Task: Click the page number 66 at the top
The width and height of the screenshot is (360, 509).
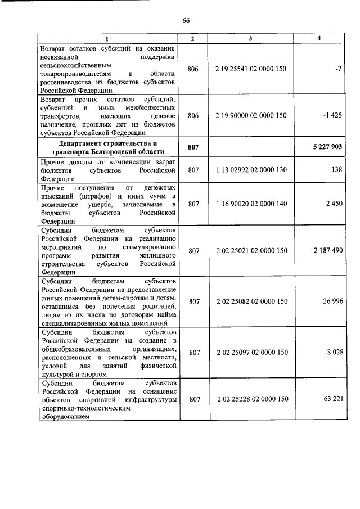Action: click(186, 21)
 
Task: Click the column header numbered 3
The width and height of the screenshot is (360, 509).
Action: click(251, 38)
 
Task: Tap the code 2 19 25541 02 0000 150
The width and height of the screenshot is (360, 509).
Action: click(251, 69)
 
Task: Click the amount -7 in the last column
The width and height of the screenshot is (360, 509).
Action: click(339, 69)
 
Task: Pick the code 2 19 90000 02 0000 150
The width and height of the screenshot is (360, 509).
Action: click(251, 115)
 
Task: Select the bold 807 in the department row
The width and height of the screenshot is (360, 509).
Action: click(194, 147)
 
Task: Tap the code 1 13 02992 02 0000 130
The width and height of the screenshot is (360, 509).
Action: click(251, 169)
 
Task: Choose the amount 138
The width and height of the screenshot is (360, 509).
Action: click(336, 169)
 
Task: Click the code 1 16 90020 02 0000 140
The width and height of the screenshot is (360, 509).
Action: click(251, 204)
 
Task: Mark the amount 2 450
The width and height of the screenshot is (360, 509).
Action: click(334, 204)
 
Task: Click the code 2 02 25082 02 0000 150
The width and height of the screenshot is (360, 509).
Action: click(251, 301)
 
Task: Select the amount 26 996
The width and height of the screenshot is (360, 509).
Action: click(332, 301)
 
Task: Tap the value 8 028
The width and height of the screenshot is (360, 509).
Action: click(334, 353)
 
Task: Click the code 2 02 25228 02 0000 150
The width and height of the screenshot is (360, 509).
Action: click(251, 399)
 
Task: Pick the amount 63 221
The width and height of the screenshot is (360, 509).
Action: click(332, 399)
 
